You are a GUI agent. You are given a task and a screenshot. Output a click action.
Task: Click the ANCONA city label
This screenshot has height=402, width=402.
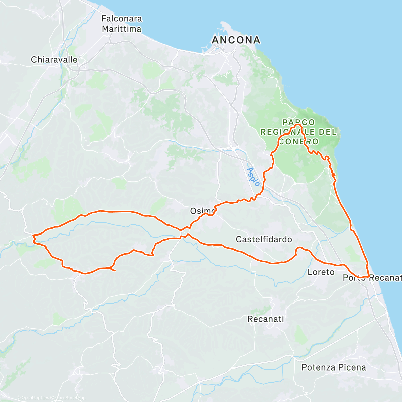236,40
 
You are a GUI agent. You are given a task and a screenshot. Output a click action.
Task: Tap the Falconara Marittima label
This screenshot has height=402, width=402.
121,24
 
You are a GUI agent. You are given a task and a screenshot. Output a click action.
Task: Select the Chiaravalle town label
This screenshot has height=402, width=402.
54,60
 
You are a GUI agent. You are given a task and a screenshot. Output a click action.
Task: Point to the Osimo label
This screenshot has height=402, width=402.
202,211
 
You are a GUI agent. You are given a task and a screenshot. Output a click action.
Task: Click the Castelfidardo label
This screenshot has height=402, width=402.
264,239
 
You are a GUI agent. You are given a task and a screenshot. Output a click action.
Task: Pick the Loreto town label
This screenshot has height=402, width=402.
321,272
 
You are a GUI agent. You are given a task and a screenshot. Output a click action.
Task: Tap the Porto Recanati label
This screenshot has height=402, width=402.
372,278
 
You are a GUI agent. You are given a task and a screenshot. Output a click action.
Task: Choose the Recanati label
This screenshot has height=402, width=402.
266,319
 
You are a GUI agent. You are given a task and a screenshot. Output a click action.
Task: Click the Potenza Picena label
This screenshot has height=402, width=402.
334,367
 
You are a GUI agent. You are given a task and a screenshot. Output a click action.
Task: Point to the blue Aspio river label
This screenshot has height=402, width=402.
253,177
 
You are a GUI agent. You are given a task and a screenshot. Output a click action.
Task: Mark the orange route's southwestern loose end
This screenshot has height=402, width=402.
115,270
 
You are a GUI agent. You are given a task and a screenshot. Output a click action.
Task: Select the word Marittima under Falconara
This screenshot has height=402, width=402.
121,29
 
